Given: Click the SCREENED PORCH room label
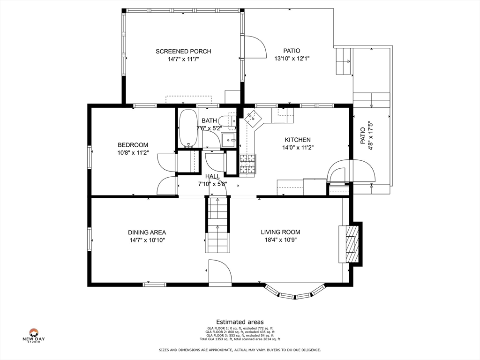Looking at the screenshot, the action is tap(183, 52).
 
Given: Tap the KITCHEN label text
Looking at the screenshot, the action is tap(298, 140).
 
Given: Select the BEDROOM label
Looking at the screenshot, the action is tap(133, 145).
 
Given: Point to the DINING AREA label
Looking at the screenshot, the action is tap(147, 232).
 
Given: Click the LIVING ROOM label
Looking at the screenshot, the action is tap(280, 232).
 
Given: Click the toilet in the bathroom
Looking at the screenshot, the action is tap(228, 121).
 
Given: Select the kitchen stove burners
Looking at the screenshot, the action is tap(247, 164).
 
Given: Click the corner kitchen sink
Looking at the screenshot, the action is tap(253, 118).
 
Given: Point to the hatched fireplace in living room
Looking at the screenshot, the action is tap(352, 244).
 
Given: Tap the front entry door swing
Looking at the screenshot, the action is tap(220, 272).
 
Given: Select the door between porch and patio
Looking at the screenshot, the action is tap(254, 47).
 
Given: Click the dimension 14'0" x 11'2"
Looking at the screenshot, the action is tap(298, 148).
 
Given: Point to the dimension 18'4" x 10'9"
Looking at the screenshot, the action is tap(280, 240).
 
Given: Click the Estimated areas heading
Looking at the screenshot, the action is tap(240, 322).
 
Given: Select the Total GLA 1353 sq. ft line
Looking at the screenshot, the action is tap(240, 339).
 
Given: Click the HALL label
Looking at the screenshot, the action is tap(212, 176).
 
